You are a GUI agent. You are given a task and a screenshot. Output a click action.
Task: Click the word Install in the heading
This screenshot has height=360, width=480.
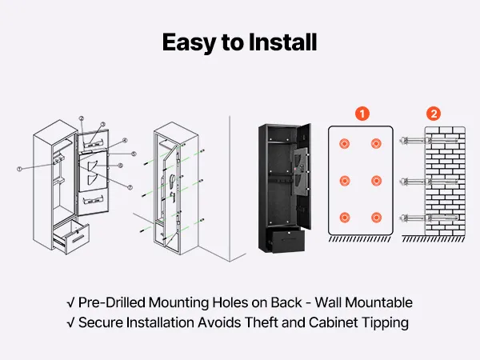click(x=281, y=42)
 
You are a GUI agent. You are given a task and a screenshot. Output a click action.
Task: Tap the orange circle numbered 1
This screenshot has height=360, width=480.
click(x=363, y=114)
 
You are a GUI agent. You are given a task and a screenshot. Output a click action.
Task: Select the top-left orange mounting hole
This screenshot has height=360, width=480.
click(x=345, y=145)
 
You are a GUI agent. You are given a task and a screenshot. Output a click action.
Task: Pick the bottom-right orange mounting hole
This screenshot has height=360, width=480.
click(x=377, y=217)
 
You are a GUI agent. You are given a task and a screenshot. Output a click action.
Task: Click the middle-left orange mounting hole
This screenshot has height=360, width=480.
click(x=345, y=181)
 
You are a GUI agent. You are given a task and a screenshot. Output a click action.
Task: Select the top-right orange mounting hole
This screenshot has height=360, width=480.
click(x=377, y=145)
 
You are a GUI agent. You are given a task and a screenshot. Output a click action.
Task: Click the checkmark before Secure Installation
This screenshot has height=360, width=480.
click(x=71, y=323)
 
